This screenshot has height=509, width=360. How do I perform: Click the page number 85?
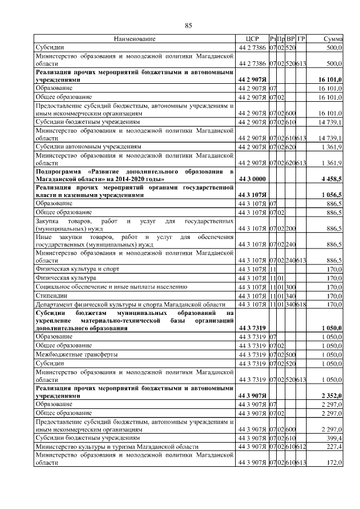click(188, 25)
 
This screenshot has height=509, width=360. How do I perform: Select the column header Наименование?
click(134, 39)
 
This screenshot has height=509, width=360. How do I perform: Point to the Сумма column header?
click(334, 39)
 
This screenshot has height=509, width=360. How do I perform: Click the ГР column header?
click(301, 39)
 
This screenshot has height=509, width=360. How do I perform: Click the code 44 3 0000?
click(251, 179)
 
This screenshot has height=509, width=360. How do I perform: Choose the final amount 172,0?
click(336, 462)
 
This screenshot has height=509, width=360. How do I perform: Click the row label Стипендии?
click(49, 296)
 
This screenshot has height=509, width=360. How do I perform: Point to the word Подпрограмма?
click(58, 171)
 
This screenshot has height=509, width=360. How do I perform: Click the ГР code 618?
click(301, 305)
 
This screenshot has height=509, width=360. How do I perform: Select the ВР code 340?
click(290, 296)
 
